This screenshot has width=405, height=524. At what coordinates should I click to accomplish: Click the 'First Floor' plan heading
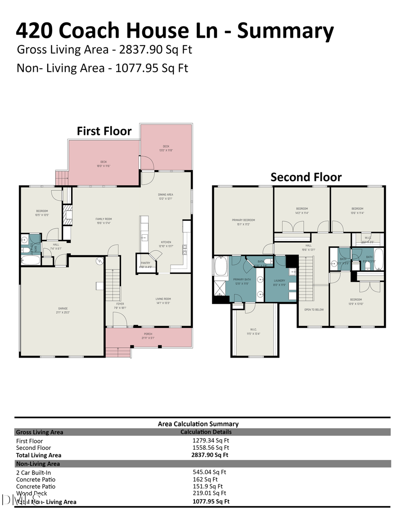click(104, 131)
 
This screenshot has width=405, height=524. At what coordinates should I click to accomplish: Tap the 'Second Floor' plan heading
click(306, 177)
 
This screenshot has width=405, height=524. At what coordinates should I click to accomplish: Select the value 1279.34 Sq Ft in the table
click(211, 441)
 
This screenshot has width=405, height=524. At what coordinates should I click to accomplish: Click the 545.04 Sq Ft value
click(209, 472)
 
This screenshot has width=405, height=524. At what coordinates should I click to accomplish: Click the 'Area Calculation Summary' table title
click(198, 424)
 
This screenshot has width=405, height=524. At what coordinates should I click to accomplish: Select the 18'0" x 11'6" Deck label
click(103, 164)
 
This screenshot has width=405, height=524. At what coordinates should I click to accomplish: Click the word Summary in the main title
click(286, 31)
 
